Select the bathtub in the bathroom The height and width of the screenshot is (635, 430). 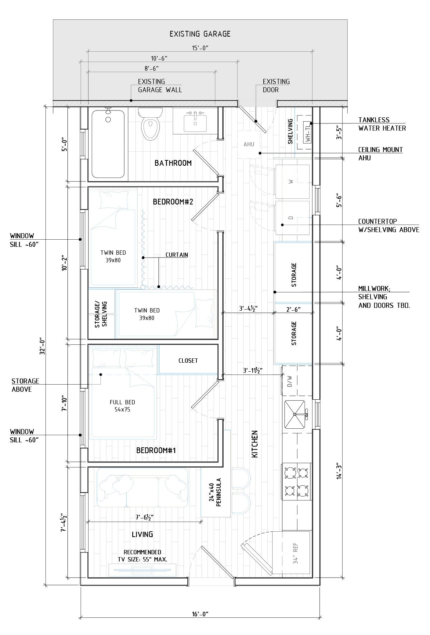108,144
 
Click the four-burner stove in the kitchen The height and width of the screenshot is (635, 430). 297,481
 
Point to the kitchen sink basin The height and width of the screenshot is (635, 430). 295,414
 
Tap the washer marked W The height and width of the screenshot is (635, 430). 292,182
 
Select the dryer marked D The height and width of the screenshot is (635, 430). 292,217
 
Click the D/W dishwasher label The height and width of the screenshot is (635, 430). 290,381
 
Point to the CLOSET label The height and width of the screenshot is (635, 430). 188,361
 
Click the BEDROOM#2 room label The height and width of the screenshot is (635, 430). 173,202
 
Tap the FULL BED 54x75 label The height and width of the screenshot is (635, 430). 122,406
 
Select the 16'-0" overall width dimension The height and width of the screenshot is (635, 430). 200,614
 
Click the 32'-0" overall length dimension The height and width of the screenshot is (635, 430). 43,346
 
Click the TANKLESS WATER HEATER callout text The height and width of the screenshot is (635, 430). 382,124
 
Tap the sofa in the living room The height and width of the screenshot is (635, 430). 143,487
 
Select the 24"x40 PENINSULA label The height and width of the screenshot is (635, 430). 215,492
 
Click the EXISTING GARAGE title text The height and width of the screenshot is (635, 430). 200,34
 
